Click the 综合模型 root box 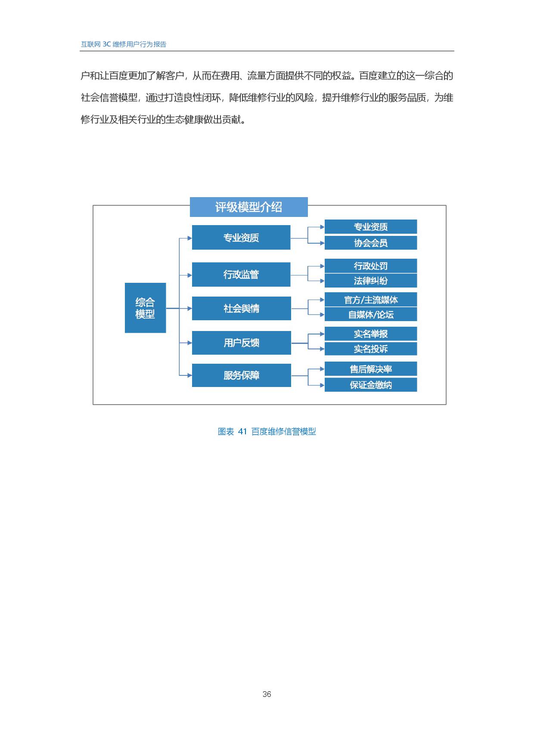[x=145, y=308]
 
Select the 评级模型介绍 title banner [x=248, y=207]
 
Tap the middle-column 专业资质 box [x=241, y=237]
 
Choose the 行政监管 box [x=241, y=274]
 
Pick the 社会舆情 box [x=241, y=308]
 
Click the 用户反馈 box [x=241, y=343]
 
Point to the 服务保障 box [x=241, y=375]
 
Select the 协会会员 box [x=371, y=243]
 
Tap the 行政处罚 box [x=371, y=266]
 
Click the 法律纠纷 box [x=371, y=281]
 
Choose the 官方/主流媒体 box [x=371, y=300]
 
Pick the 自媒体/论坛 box [x=371, y=314]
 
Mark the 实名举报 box [x=371, y=334]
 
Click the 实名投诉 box [x=371, y=349]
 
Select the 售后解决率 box [x=371, y=369]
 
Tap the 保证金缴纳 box [x=371, y=385]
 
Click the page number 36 [x=267, y=694]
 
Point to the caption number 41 [x=242, y=431]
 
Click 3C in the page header [x=107, y=44]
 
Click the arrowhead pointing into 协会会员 [x=322, y=243]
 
